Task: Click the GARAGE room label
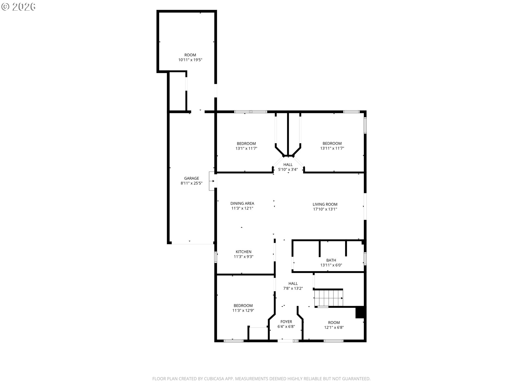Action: pyautogui.click(x=191, y=178)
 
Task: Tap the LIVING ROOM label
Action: pyautogui.click(x=325, y=204)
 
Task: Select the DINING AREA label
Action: pyautogui.click(x=242, y=203)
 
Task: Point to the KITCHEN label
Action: pyautogui.click(x=244, y=252)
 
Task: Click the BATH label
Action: pyautogui.click(x=331, y=260)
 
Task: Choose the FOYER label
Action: pyautogui.click(x=286, y=322)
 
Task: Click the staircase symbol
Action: pyautogui.click(x=329, y=298)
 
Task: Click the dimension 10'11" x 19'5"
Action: pyautogui.click(x=190, y=60)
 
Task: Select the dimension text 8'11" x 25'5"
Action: pyautogui.click(x=191, y=183)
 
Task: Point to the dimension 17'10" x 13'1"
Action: pyautogui.click(x=325, y=209)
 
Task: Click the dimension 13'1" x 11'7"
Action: pyautogui.click(x=246, y=148)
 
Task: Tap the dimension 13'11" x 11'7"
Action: pyautogui.click(x=332, y=148)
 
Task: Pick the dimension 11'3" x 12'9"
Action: pyautogui.click(x=243, y=310)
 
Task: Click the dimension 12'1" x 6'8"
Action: pyautogui.click(x=334, y=327)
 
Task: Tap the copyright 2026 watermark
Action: pyautogui.click(x=19, y=7)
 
